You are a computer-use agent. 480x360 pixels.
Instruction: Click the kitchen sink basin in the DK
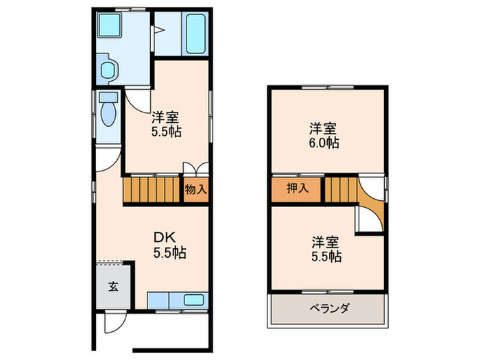pyautogui.click(x=193, y=300)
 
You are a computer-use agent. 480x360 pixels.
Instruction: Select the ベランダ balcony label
pyautogui.click(x=326, y=307)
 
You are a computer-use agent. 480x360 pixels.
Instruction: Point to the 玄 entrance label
pyautogui.click(x=113, y=287)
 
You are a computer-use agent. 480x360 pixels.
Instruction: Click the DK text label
pyautogui.click(x=166, y=237)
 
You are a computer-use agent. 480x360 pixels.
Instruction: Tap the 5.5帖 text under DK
pyautogui.click(x=169, y=252)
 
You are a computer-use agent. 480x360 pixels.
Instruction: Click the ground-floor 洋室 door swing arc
pyautogui.click(x=136, y=99)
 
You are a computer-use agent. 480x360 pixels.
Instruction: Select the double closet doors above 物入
pyautogui.click(x=195, y=169)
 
